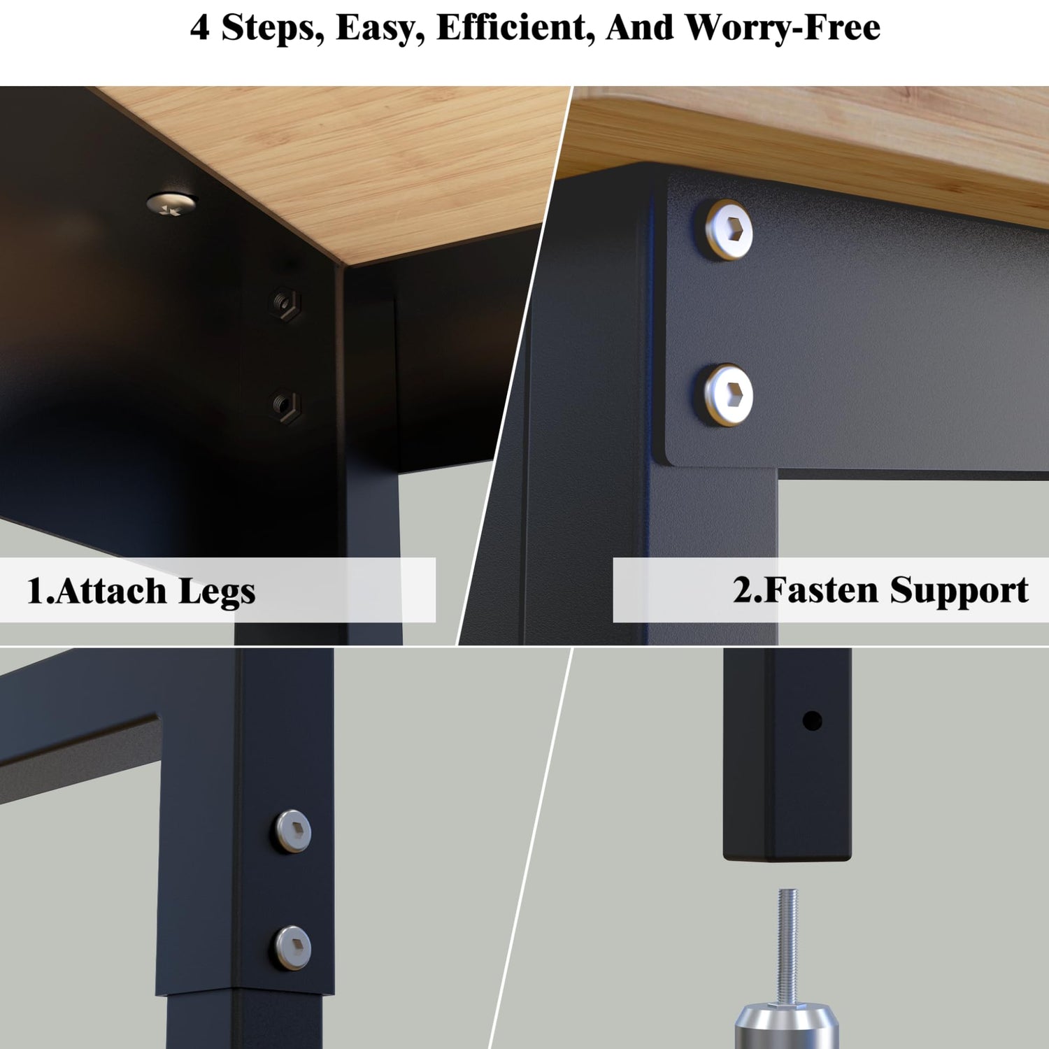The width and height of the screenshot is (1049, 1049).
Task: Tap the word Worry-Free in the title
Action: [783, 28]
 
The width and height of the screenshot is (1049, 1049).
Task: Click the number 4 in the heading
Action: [200, 28]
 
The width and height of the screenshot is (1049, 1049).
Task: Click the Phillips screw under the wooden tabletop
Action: [170, 204]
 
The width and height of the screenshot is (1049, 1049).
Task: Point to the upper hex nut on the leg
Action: [285, 304]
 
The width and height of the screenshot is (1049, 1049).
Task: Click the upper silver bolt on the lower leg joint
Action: [292, 832]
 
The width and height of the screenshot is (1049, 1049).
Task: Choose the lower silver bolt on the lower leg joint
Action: [292, 948]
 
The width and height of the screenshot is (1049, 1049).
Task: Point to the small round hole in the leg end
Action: [812, 720]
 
